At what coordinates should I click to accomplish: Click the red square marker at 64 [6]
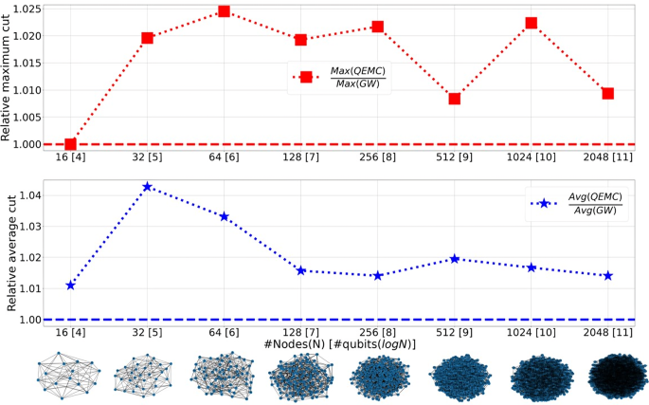[224, 11]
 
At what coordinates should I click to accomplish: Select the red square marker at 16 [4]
[70, 144]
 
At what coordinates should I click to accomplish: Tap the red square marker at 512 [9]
[455, 99]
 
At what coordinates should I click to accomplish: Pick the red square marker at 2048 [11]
[608, 93]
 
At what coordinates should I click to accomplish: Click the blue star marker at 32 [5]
[147, 187]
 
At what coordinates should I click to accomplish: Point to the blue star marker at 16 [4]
[70, 285]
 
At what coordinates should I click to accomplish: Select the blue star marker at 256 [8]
[378, 276]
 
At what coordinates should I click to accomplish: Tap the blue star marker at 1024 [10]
[532, 267]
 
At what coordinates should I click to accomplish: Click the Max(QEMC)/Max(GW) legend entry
[341, 78]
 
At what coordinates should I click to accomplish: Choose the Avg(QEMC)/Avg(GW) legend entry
[579, 203]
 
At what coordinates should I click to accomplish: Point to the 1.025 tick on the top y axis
[24, 9]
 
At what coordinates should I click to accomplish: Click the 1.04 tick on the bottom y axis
[28, 195]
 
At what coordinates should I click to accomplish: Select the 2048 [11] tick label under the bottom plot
[608, 334]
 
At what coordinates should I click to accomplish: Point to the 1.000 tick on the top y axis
[24, 144]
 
